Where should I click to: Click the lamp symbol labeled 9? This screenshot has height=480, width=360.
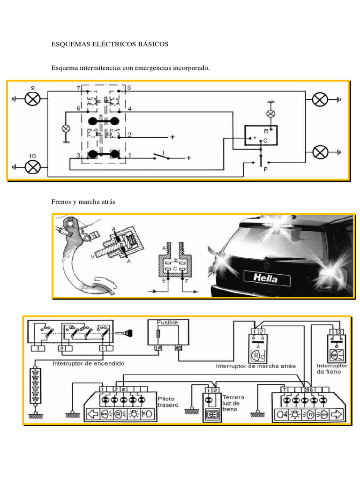point(33,99)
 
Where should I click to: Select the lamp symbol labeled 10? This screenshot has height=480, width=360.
point(33,166)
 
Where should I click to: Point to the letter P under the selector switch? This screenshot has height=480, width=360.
point(265,170)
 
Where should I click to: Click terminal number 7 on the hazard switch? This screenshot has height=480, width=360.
point(78,88)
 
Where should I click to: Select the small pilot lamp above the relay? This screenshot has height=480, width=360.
point(270,113)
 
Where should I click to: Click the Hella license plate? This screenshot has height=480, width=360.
point(266,278)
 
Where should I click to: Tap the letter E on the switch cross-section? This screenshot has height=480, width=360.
point(163,281)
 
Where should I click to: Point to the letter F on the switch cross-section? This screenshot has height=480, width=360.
point(186,281)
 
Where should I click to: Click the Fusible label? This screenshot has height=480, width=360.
point(167,322)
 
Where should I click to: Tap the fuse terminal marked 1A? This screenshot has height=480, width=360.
point(158,348)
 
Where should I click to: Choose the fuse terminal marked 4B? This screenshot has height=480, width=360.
point(178,348)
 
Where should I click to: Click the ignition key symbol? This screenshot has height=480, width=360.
point(128,334)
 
